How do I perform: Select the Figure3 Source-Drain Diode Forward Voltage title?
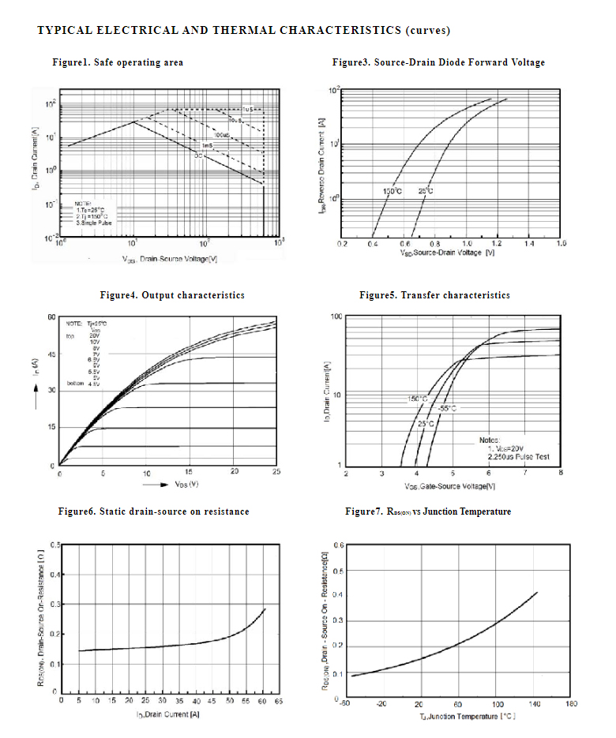tap(438, 62)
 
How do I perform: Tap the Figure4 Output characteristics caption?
tap(172, 295)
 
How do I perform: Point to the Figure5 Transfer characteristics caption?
tap(434, 295)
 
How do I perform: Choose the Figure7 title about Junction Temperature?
tap(427, 511)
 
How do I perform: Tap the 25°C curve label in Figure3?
tap(425, 192)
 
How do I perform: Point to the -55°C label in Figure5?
tap(447, 409)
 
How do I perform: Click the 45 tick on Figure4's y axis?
tap(51, 354)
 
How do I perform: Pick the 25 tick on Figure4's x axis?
tap(276, 472)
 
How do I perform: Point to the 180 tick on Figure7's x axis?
tap(571, 704)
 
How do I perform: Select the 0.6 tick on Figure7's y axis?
tap(338, 545)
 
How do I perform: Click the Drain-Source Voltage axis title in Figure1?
tap(170, 259)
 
